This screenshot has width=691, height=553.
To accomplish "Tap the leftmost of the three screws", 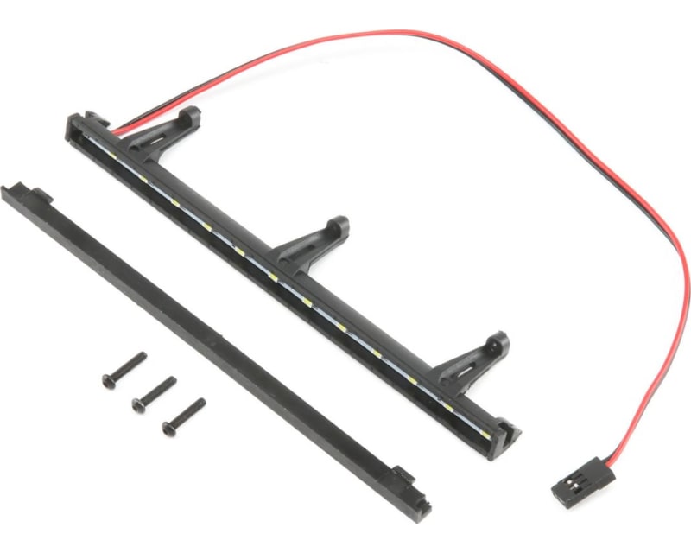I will point(124,367).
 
